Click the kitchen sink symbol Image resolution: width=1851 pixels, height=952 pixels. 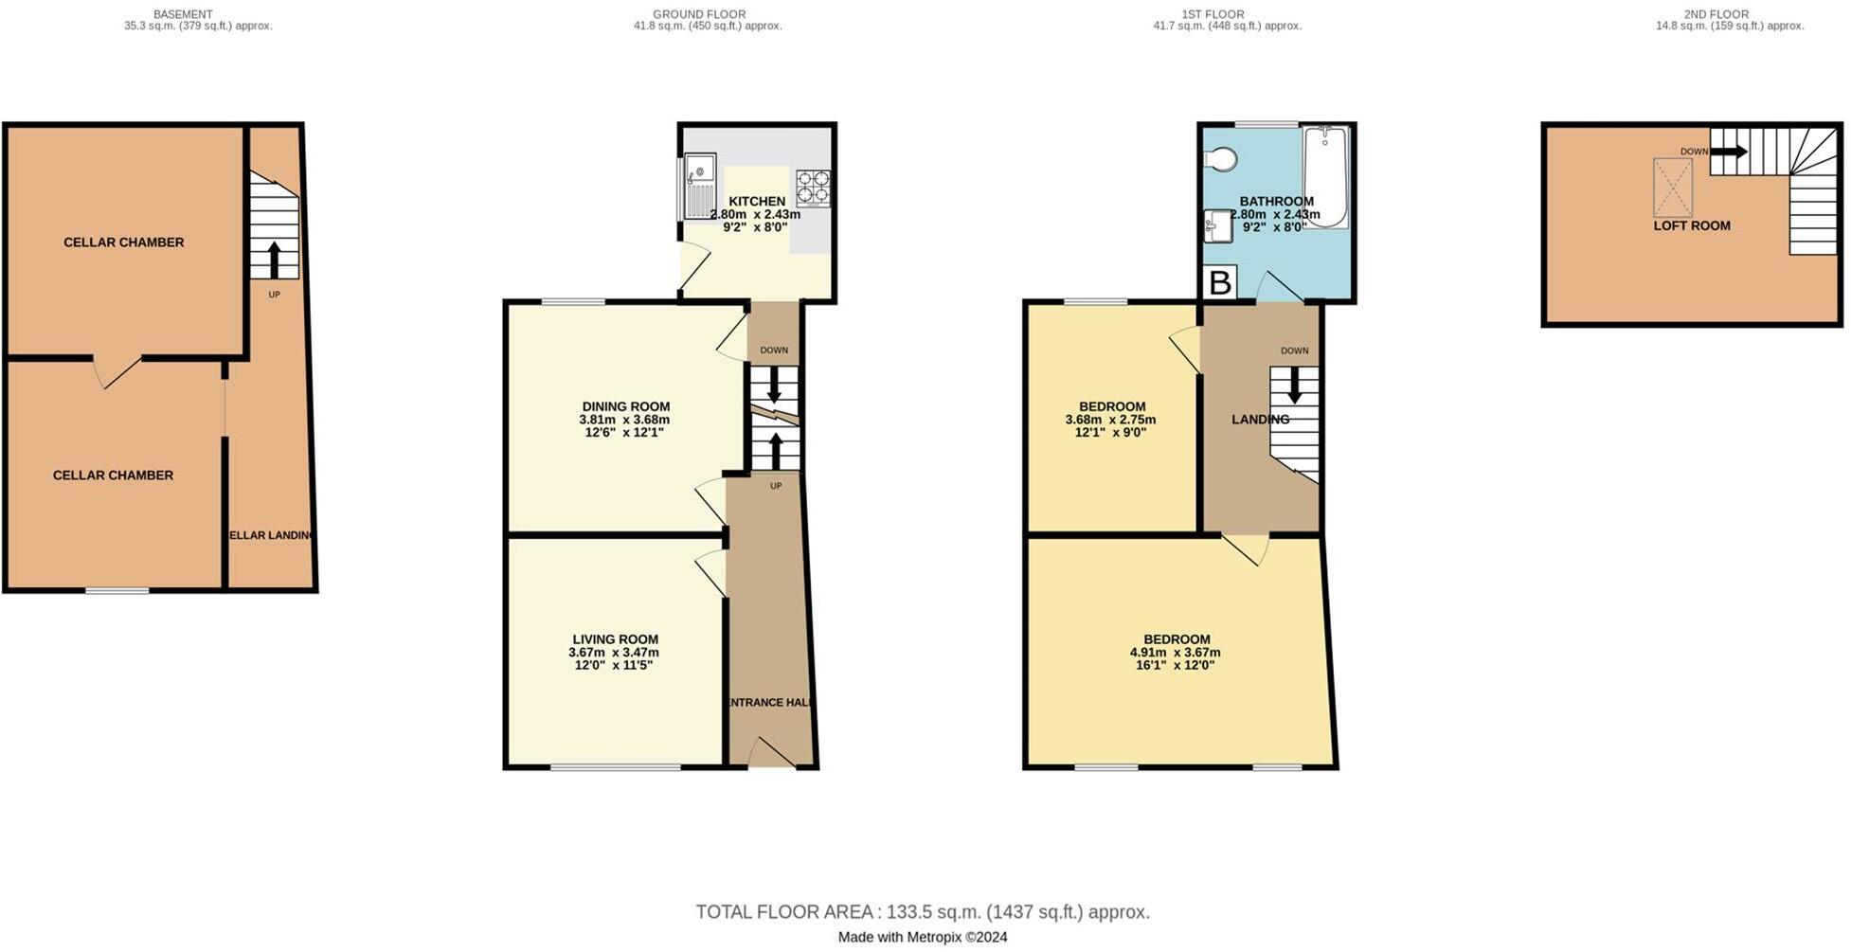(700, 186)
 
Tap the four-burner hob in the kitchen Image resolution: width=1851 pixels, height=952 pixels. (813, 188)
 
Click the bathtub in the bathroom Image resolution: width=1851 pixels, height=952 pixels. (1325, 175)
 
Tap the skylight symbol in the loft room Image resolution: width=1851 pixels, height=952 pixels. (1672, 188)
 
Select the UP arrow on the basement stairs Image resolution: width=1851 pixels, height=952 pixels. (275, 259)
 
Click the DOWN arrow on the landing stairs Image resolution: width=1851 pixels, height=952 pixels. (1294, 385)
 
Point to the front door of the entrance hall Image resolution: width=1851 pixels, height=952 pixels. (771, 754)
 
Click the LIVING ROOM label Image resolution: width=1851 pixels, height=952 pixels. (615, 639)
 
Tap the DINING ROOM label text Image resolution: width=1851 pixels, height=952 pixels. (625, 406)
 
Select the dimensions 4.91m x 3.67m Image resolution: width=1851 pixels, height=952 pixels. (1175, 653)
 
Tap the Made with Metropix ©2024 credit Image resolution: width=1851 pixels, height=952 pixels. (922, 937)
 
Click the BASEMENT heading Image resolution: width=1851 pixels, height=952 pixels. (182, 14)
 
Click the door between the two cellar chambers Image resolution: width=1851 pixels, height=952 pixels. (118, 372)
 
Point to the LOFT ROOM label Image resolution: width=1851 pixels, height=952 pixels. (1691, 225)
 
